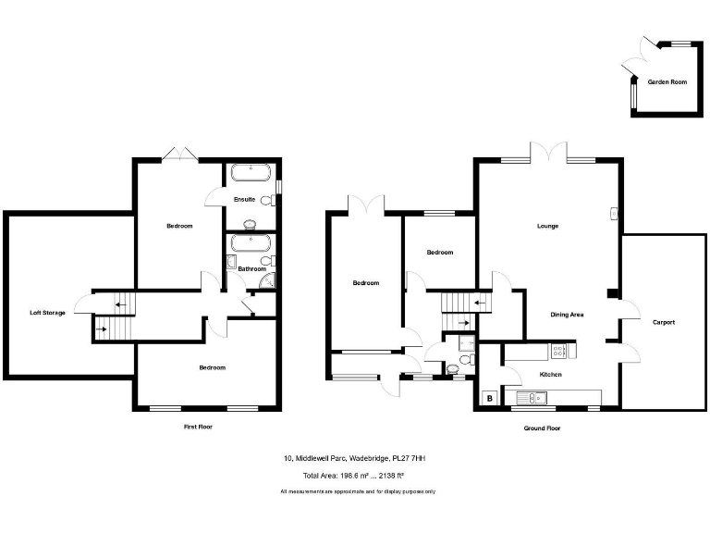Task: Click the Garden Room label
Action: [x=667, y=82]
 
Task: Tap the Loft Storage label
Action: [x=47, y=314]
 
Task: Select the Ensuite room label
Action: [x=244, y=199]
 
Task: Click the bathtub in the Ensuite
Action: [x=250, y=172]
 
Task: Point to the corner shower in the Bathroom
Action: [x=266, y=284]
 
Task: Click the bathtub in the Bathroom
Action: [x=250, y=244]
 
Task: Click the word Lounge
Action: [x=548, y=226]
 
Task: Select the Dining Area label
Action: [x=567, y=315]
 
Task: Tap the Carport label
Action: [x=663, y=322]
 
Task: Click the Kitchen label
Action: [x=551, y=375]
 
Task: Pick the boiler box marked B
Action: [x=488, y=399]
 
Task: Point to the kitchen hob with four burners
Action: [x=559, y=351]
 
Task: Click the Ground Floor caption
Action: [x=542, y=428]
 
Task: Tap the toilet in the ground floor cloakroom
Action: [x=451, y=369]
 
